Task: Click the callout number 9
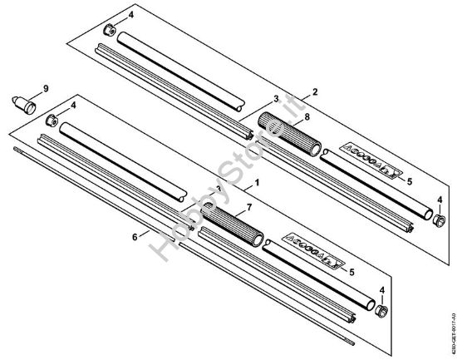pyautogui.click(x=47, y=87)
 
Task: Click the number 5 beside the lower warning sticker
pyautogui.click(x=353, y=271)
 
